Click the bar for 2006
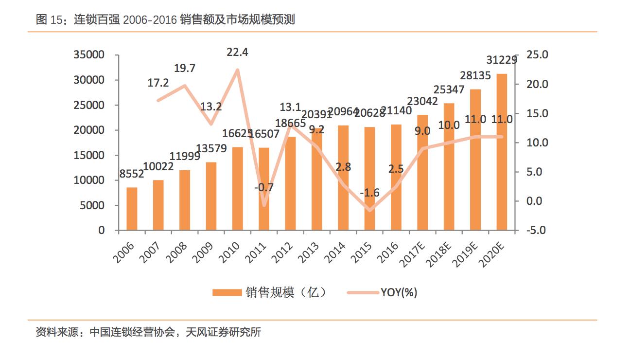point(132,209)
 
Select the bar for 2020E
point(501,152)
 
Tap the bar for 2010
point(237,189)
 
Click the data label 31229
point(502,60)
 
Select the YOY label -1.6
point(369,193)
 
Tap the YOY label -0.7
point(263,187)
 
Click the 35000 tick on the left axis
point(89,55)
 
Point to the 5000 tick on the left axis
point(92,205)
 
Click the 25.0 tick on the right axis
point(537,55)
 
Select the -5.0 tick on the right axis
point(537,230)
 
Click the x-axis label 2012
point(284,250)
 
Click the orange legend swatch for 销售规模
point(227,292)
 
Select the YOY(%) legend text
point(399,292)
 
